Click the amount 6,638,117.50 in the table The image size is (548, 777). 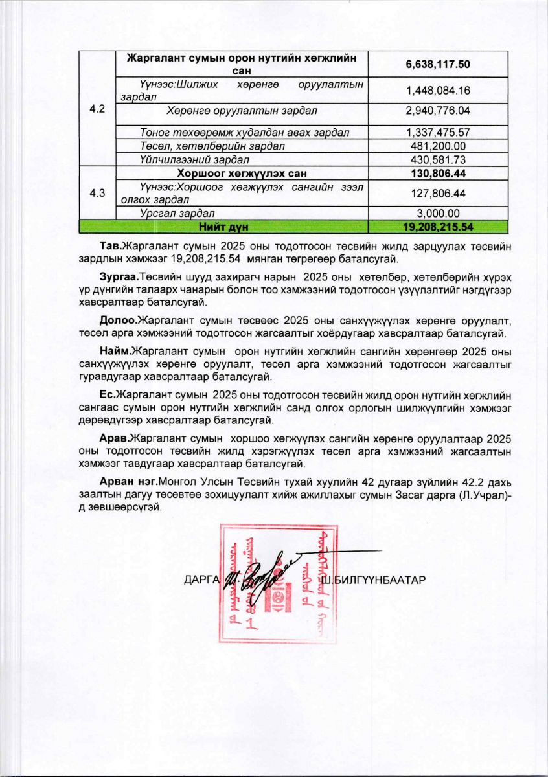(x=437, y=64)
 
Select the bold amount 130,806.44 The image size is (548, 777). (x=437, y=174)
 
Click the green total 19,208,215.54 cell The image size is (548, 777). (x=437, y=227)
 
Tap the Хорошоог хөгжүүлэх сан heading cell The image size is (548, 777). (x=243, y=174)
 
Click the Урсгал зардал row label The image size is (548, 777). (x=172, y=213)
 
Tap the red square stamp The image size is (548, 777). (x=277, y=583)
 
